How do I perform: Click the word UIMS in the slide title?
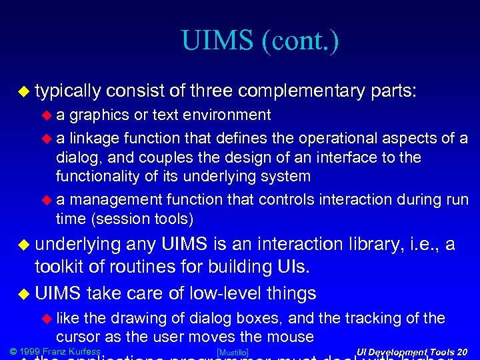[217, 41]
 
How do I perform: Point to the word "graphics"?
[99, 115]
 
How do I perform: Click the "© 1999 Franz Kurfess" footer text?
[55, 351]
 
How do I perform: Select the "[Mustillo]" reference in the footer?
[233, 352]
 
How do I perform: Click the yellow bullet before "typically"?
[24, 91]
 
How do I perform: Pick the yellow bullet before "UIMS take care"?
[24, 293]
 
